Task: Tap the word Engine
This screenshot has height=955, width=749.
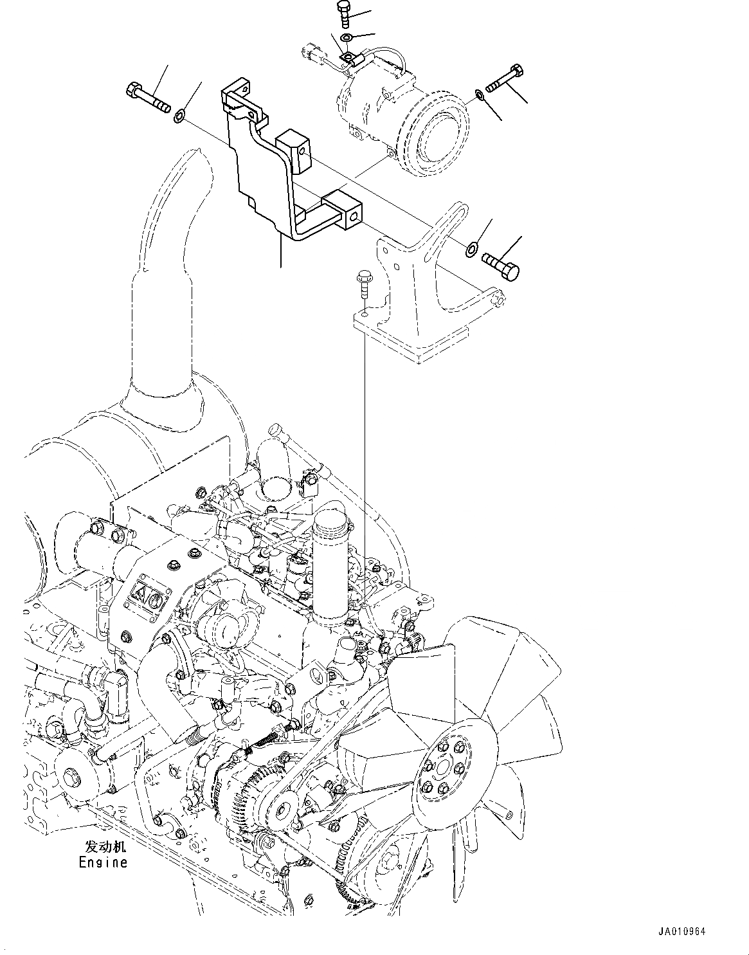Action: pyautogui.click(x=103, y=862)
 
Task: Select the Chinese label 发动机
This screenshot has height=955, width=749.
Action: pyautogui.click(x=103, y=847)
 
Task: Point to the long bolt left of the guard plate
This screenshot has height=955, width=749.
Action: pyautogui.click(x=149, y=96)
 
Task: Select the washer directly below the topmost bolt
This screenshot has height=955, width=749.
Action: pyautogui.click(x=347, y=38)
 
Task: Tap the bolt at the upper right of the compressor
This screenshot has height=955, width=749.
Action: pyautogui.click(x=505, y=79)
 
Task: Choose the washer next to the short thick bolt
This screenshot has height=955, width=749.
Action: pyautogui.click(x=472, y=248)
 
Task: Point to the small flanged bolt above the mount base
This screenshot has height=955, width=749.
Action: pyautogui.click(x=363, y=283)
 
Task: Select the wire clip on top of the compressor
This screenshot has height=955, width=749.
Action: pyautogui.click(x=348, y=59)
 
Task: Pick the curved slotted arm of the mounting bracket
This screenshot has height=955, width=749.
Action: pyautogui.click(x=455, y=222)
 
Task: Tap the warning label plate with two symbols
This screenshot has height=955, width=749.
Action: pyautogui.click(x=146, y=599)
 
